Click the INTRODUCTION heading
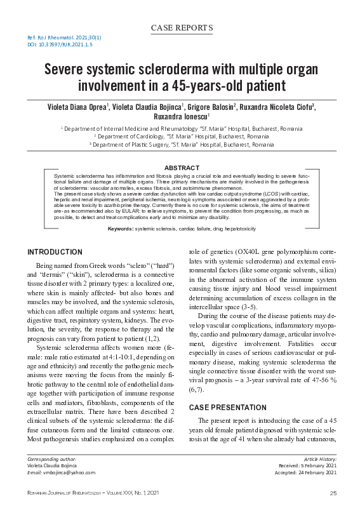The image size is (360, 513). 55,252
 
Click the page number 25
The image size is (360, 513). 333,493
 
